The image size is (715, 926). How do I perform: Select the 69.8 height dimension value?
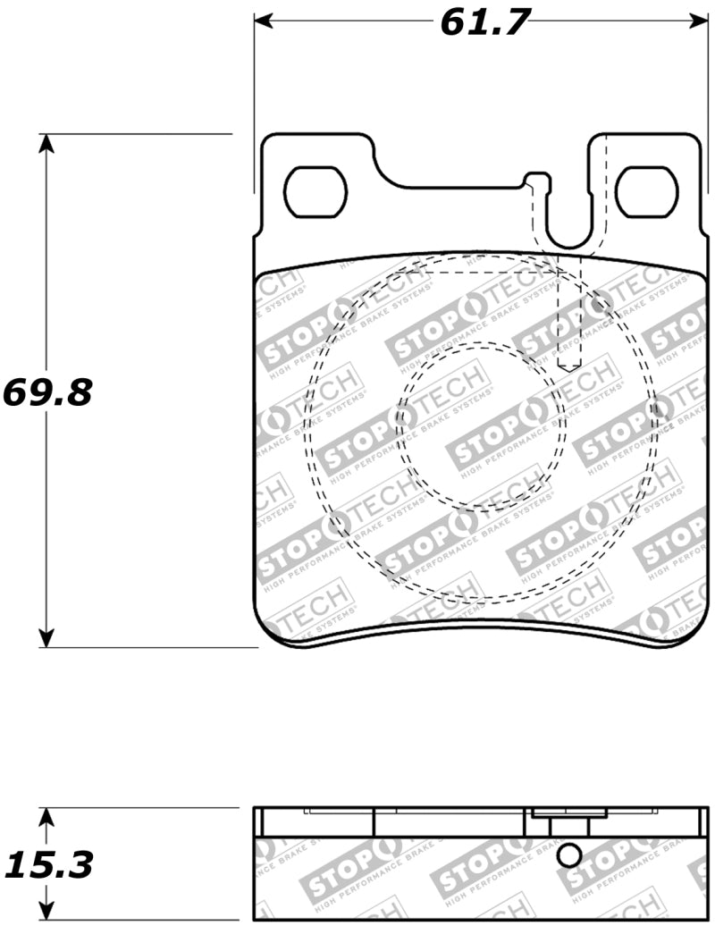tap(48, 391)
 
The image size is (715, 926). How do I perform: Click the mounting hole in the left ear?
tap(315, 191)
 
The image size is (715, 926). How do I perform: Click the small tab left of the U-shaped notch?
tap(534, 181)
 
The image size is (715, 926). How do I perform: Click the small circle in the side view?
tap(569, 855)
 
